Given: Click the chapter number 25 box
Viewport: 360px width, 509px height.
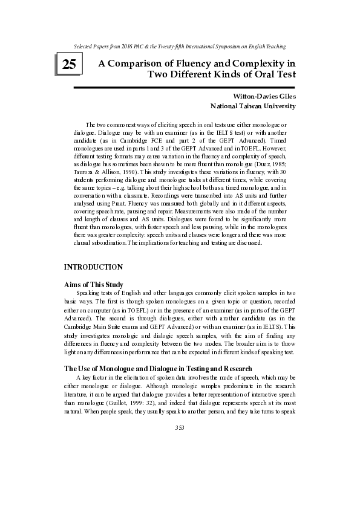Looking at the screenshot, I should pos(68,64).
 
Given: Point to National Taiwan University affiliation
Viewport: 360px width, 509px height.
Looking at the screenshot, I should pos(253,106).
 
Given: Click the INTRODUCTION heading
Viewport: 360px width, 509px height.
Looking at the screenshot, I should pos(94,267).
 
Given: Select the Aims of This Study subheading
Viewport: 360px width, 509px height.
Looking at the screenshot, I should pos(94,284).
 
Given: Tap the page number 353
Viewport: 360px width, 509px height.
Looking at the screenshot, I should pos(180,428).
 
